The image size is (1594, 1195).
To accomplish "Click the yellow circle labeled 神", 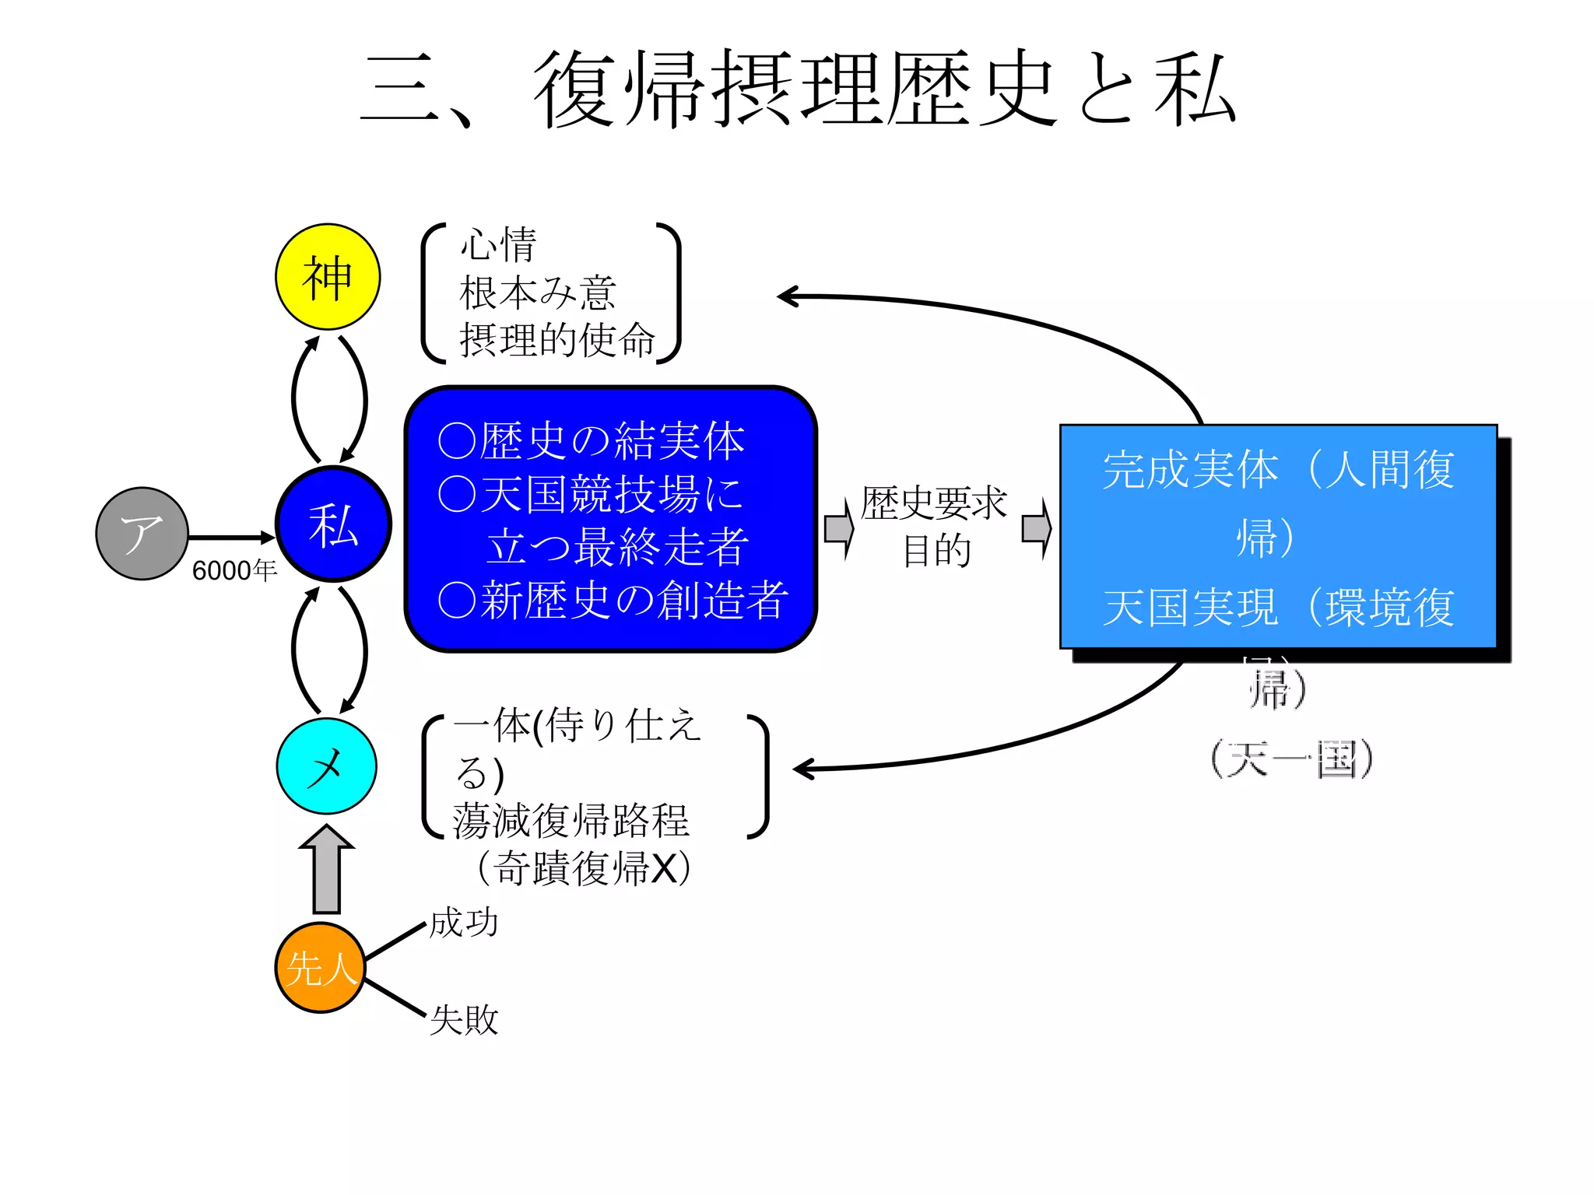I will click(328, 277).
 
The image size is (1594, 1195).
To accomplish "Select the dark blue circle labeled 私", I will click(333, 524).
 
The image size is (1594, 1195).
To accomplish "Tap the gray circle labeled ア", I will click(142, 534).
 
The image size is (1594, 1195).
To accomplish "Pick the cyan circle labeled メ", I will click(327, 766).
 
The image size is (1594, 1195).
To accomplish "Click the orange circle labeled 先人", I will click(320, 968).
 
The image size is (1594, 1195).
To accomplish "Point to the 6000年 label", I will click(234, 570).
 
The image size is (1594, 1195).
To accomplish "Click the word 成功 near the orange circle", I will click(464, 923).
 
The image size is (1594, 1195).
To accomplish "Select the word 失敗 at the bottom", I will click(464, 1019).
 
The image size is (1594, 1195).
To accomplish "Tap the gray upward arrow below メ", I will click(327, 869).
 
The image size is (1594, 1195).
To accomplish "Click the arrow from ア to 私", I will click(231, 537).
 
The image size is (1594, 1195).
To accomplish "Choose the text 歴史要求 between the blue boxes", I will click(933, 503).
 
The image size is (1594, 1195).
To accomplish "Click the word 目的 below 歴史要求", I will click(936, 551).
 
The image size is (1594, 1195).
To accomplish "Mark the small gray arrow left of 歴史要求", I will click(838, 529).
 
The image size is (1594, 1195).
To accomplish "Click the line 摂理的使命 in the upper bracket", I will click(557, 340).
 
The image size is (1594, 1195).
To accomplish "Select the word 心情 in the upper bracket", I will click(498, 245).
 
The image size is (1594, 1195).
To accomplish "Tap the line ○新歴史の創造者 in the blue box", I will click(613, 601).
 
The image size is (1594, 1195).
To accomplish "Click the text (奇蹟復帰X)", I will click(584, 868).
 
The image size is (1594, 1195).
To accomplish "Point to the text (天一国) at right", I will click(1291, 759).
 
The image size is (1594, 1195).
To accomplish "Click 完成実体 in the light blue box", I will click(1190, 470).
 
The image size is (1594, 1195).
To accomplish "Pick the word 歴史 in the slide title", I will click(973, 89).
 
